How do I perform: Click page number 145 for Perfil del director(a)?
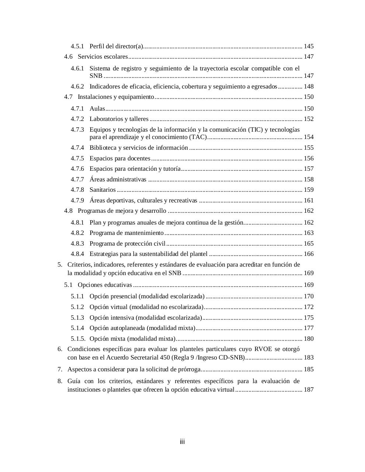click(309, 46)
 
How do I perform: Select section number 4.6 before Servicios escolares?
click(68, 56)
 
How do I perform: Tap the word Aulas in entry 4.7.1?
click(97, 108)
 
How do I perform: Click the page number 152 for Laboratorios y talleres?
click(309, 119)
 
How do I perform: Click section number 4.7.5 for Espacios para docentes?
click(77, 158)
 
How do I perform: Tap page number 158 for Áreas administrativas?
click(309, 179)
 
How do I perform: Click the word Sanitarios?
click(102, 190)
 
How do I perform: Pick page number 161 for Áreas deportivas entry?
click(309, 200)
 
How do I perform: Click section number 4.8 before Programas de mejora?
click(68, 211)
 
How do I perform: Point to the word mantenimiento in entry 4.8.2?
click(145, 233)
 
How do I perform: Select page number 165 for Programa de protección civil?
click(309, 243)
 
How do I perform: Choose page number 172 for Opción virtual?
click(309, 307)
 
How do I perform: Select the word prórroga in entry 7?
click(190, 369)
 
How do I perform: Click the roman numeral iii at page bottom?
click(182, 442)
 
